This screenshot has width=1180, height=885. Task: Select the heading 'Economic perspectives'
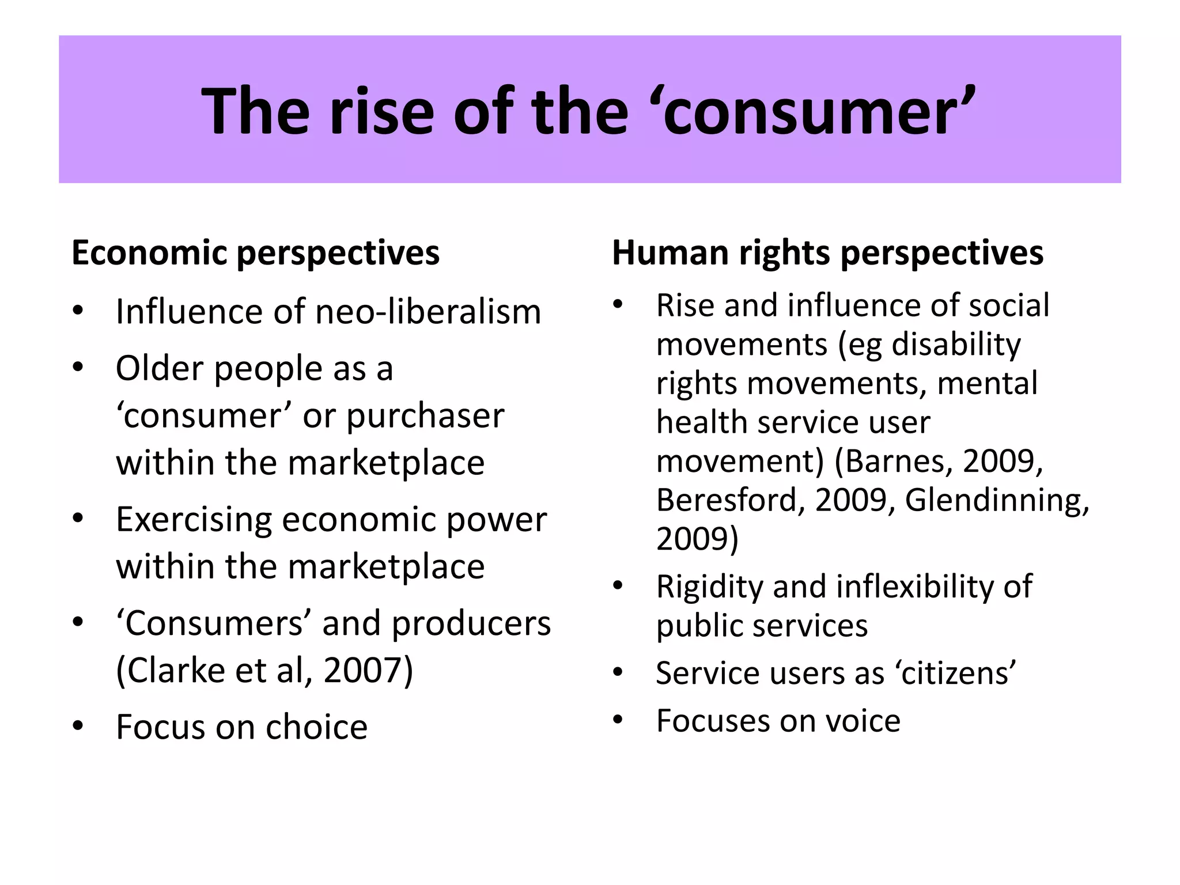point(255,253)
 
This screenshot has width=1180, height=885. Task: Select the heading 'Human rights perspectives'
point(827,253)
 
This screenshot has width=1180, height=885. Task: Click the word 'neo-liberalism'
point(429,312)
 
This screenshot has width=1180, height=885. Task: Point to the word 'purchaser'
point(425,415)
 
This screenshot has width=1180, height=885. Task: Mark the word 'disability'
point(956,345)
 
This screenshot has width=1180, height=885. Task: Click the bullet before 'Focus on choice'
point(78,726)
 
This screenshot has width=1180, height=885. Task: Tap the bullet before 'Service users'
point(618,672)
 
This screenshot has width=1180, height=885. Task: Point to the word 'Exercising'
point(194,520)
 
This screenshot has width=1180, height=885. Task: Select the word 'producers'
point(471,623)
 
